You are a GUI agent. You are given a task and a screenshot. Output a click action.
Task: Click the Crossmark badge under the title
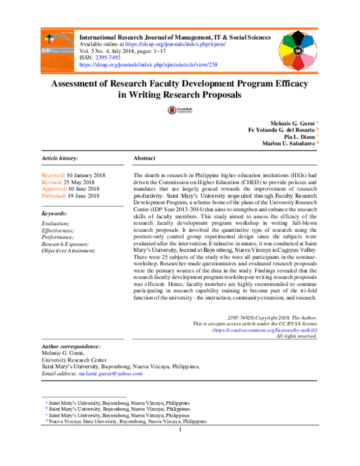[x=179, y=110]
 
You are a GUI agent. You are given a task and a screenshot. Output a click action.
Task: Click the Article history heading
[x=59, y=158]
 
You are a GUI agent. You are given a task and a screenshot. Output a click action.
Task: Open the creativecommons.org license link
[x=265, y=330]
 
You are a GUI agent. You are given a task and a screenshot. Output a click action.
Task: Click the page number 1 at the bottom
[x=180, y=430]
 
